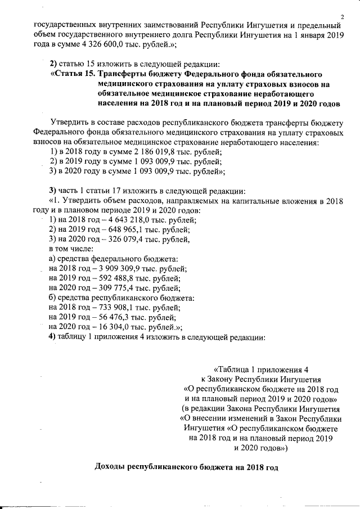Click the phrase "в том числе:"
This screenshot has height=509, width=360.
click(x=71, y=249)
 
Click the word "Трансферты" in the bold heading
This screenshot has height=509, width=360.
click(x=124, y=74)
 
